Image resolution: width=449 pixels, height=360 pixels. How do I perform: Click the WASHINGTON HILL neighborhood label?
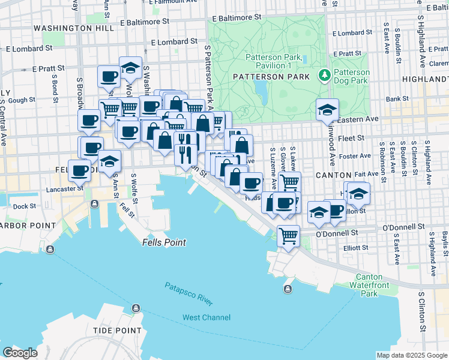[x=65, y=28]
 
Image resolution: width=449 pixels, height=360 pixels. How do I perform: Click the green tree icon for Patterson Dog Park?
[x=325, y=74]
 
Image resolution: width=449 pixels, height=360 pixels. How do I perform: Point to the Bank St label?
[x=397, y=98]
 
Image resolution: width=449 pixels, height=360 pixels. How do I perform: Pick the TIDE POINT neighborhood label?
[x=118, y=331]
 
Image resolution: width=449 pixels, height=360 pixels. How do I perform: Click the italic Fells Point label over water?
[x=164, y=243]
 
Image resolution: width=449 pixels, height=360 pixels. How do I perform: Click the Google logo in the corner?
[x=20, y=353]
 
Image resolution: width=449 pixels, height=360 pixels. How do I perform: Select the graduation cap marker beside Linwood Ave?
[x=327, y=109]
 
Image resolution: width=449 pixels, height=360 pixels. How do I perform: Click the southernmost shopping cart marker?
[x=288, y=236]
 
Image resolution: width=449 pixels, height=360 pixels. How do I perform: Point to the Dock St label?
[x=24, y=206]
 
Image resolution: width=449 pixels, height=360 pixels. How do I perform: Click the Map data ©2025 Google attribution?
[x=411, y=355]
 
